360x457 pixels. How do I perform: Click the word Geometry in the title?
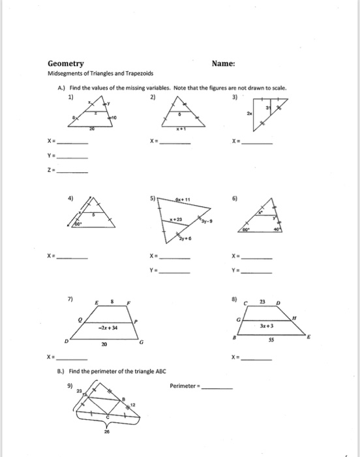[65, 64]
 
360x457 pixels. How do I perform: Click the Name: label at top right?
[223, 64]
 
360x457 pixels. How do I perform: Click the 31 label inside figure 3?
[266, 106]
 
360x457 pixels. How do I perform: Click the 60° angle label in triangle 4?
[77, 224]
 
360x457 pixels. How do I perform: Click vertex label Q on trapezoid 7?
[81, 320]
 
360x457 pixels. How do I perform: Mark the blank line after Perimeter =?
[217, 387]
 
